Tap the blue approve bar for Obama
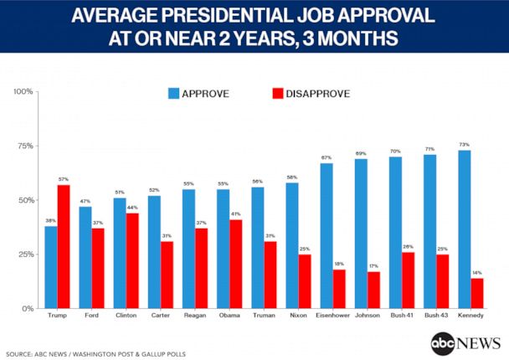(x=224, y=249)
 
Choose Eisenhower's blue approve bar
(x=327, y=235)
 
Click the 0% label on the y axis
(x=26, y=308)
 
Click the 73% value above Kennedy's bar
(x=465, y=145)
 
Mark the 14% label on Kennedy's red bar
(x=477, y=273)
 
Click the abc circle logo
(x=443, y=343)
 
